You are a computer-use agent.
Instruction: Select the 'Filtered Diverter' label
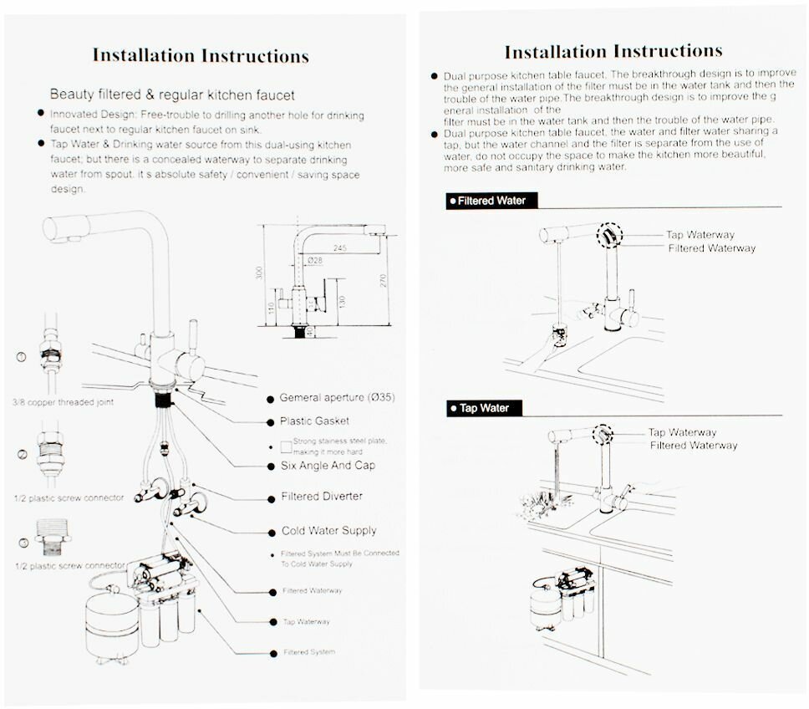click(x=322, y=497)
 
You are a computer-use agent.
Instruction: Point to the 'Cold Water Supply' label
click(x=328, y=531)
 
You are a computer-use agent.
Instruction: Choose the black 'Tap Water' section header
click(x=484, y=409)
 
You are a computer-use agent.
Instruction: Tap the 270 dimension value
click(x=384, y=282)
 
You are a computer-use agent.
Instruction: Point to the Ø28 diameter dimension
click(x=315, y=262)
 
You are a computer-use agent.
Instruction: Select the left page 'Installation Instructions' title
click(x=201, y=56)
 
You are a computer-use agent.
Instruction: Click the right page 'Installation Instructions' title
click(x=613, y=52)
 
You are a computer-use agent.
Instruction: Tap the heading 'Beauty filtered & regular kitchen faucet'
click(x=172, y=95)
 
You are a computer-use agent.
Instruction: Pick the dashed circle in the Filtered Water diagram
click(x=610, y=235)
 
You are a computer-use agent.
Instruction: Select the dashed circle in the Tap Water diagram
click(x=602, y=433)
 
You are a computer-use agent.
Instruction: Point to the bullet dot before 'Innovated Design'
click(x=41, y=113)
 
